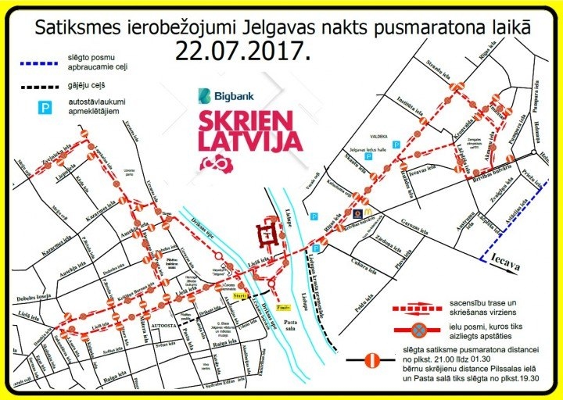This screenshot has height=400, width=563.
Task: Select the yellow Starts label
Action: pyautogui.click(x=240, y=296)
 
